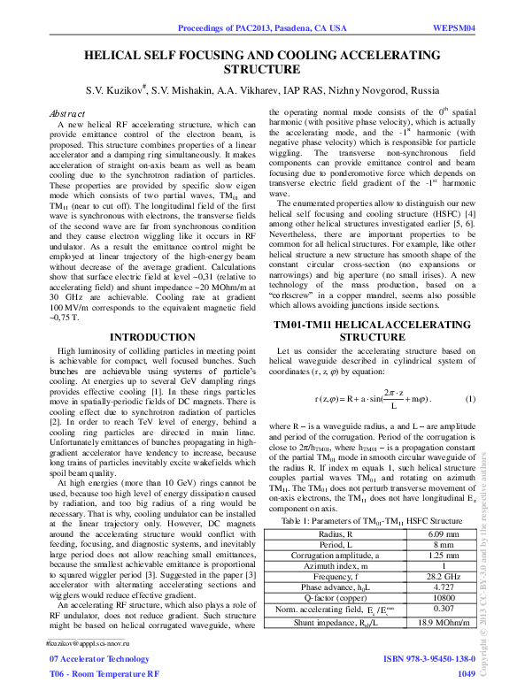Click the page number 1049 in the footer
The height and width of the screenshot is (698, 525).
(466, 674)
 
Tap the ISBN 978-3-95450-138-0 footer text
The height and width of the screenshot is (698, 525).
(428, 660)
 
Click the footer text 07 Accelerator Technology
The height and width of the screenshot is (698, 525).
(99, 660)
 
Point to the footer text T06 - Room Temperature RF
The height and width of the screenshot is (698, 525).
(104, 674)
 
